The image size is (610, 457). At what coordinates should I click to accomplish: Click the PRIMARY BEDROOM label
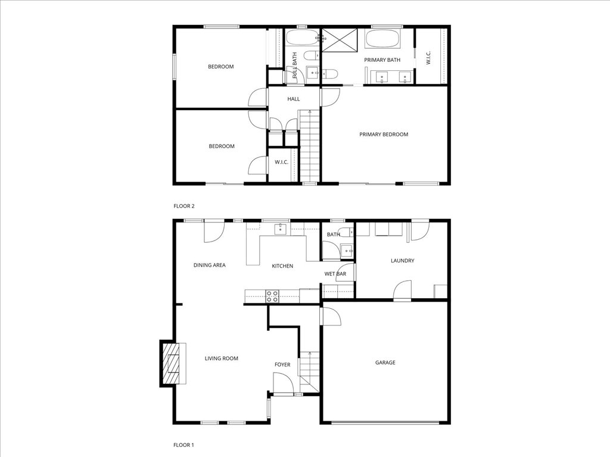pyautogui.click(x=384, y=134)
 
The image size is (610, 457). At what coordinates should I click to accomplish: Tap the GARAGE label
pyautogui.click(x=385, y=362)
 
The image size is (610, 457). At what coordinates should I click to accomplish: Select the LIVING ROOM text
pyautogui.click(x=222, y=358)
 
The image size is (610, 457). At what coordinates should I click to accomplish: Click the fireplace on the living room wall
pyautogui.click(x=173, y=363)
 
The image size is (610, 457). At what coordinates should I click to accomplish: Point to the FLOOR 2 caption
pyautogui.click(x=184, y=206)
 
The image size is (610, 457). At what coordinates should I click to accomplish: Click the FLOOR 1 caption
pyautogui.click(x=183, y=445)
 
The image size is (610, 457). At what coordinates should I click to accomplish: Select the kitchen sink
pyautogui.click(x=281, y=228)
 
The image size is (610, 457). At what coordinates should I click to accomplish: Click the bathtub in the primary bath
pyautogui.click(x=384, y=40)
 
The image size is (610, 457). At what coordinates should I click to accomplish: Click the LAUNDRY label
pyautogui.click(x=402, y=261)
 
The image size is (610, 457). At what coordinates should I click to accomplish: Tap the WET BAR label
pyautogui.click(x=335, y=274)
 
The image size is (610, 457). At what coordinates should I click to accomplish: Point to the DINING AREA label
pyautogui.click(x=210, y=265)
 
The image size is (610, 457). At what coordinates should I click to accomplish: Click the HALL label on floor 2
pyautogui.click(x=294, y=99)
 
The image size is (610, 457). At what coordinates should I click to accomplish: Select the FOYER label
pyautogui.click(x=282, y=365)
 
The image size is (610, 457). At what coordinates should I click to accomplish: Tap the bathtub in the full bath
pyautogui.click(x=301, y=39)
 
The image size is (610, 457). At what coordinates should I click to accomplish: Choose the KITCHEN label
pyautogui.click(x=282, y=266)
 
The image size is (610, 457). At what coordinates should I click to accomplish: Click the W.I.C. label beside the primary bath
pyautogui.click(x=428, y=58)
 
